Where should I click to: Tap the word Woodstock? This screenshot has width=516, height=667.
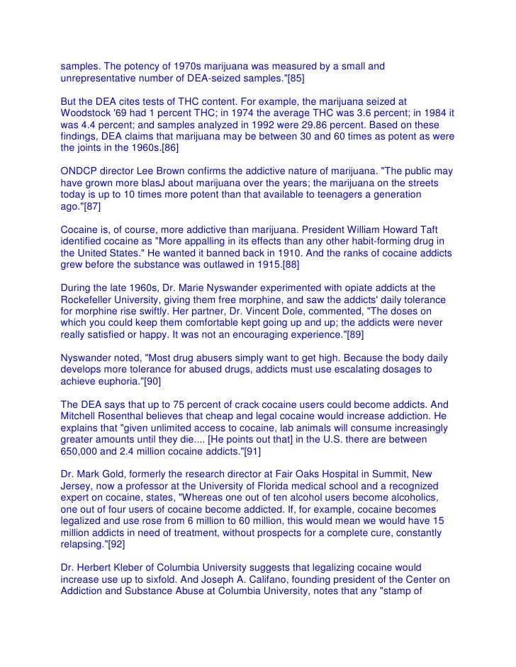pyautogui.click(x=87, y=115)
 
